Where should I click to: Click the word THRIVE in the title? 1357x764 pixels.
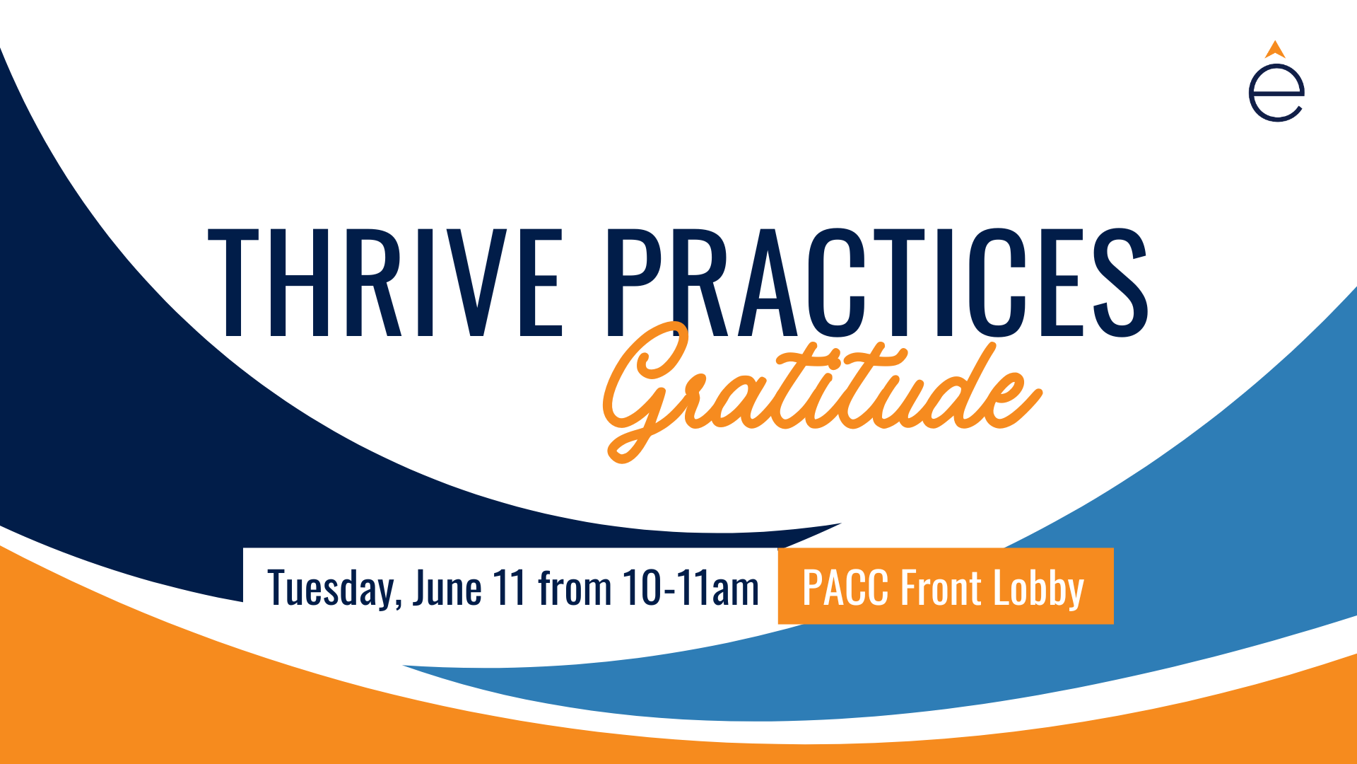(x=385, y=282)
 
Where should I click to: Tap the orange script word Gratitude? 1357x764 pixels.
(x=822, y=391)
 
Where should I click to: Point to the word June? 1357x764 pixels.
(x=447, y=587)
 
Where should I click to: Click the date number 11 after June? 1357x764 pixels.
(x=510, y=587)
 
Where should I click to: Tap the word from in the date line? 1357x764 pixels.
(x=575, y=587)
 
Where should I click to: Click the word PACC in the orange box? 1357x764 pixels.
(x=845, y=587)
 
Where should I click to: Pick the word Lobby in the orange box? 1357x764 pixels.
(x=1039, y=588)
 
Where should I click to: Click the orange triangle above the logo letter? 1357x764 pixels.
(x=1275, y=49)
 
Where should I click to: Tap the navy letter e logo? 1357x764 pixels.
(x=1276, y=93)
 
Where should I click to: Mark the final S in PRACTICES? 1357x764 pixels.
(x=1120, y=282)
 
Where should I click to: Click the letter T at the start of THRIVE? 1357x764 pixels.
(x=233, y=282)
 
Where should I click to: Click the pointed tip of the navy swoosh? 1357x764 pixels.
(x=840, y=524)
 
